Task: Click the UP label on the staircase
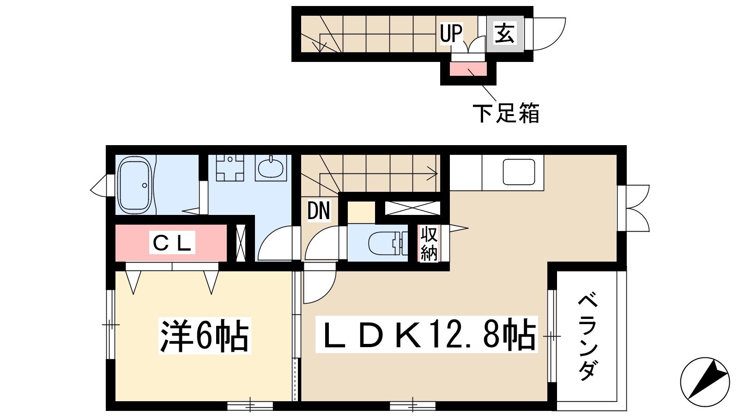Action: (x=451, y=33)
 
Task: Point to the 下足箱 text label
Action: (x=506, y=113)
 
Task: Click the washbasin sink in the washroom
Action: (x=271, y=168)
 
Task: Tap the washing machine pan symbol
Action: (x=230, y=168)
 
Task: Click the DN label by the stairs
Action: (x=318, y=210)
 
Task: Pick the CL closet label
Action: (x=172, y=243)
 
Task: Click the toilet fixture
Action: (x=388, y=243)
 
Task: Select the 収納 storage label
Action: (x=428, y=244)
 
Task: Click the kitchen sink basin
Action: (x=519, y=171)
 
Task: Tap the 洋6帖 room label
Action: (x=205, y=336)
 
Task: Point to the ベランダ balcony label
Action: (x=587, y=338)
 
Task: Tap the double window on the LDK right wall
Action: (x=633, y=208)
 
